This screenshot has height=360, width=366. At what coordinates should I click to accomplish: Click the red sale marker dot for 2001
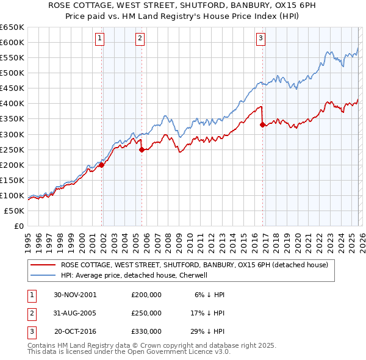tap(102, 165)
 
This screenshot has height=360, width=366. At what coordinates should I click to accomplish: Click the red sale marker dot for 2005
tap(142, 149)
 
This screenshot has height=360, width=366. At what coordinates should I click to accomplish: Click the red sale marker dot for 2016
tap(262, 125)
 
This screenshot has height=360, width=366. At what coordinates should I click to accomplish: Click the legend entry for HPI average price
tap(135, 275)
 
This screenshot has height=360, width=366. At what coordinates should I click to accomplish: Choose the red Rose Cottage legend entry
tap(195, 265)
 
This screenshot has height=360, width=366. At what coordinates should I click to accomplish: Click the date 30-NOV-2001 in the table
tap(75, 294)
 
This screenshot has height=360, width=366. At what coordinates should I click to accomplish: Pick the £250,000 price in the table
tap(146, 313)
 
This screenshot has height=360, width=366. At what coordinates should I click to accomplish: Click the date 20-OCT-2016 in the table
tap(75, 332)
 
